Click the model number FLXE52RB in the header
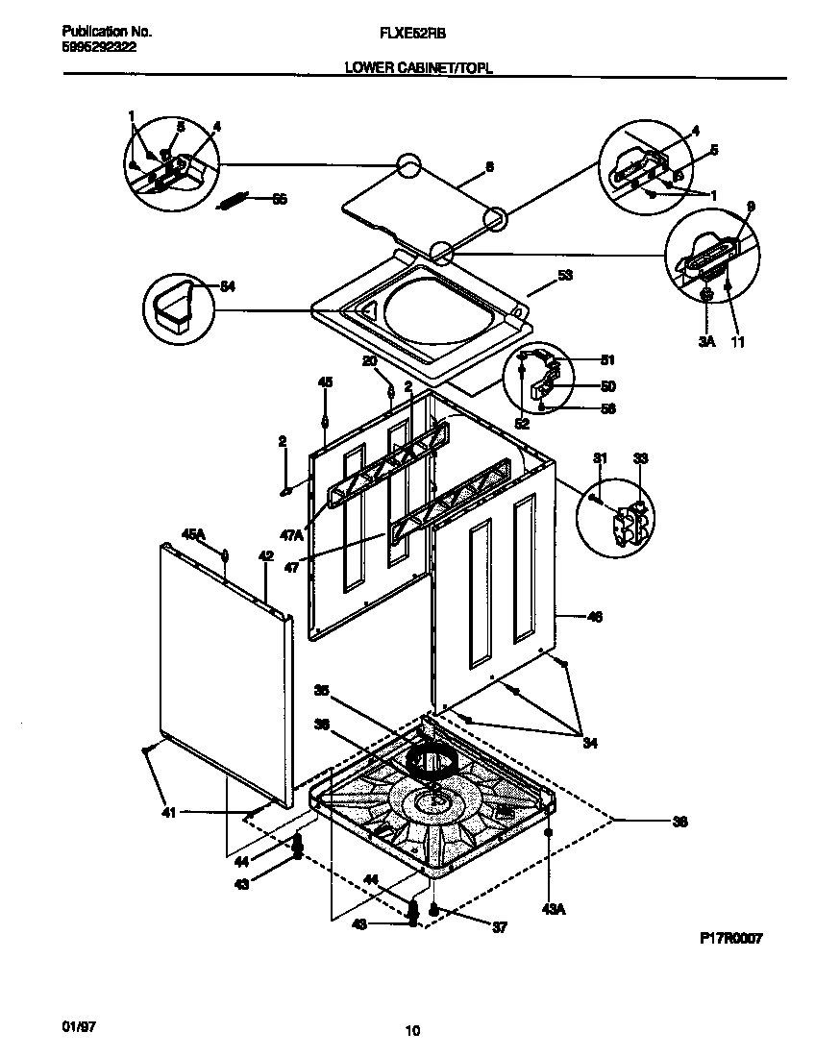(x=414, y=32)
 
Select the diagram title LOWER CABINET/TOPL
(x=413, y=68)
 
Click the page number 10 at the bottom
(x=412, y=1032)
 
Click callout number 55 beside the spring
(x=280, y=200)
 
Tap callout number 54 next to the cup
(x=228, y=286)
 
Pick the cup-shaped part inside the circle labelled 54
(x=173, y=307)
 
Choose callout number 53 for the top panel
(x=565, y=275)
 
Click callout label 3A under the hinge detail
(x=707, y=340)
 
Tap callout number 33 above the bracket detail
(x=641, y=457)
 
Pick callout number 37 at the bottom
(x=499, y=927)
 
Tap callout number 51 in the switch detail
(x=607, y=361)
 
